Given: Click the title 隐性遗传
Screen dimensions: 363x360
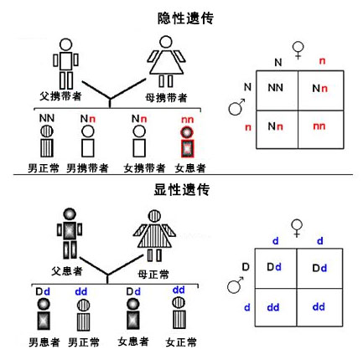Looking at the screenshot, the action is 185,18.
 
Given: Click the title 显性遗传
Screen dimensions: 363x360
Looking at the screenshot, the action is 182,190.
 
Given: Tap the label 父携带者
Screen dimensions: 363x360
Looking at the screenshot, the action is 60,96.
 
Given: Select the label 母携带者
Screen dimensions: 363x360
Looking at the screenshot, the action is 166,98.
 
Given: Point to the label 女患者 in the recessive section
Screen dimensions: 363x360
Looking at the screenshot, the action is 190,168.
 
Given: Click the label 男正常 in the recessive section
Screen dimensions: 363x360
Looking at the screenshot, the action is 44,168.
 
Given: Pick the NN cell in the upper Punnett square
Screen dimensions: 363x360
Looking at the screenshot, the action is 276,88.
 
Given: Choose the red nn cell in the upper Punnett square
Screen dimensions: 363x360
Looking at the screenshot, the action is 319,126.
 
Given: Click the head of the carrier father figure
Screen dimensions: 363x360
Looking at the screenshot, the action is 66,44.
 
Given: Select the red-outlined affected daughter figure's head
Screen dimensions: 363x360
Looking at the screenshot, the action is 187,132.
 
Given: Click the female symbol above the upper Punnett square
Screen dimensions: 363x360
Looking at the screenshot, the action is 298,50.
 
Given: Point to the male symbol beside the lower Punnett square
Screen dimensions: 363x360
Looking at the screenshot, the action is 235,285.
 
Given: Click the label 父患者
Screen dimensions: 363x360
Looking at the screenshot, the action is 67,271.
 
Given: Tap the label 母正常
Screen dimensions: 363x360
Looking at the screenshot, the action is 153,275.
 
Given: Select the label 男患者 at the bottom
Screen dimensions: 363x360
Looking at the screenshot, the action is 44,342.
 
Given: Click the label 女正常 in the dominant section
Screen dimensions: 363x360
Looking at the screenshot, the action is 181,342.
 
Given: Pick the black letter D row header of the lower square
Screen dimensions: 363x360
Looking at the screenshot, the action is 246,267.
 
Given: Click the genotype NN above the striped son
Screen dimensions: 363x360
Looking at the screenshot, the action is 47,118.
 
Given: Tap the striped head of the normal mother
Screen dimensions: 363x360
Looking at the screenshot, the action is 154,216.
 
